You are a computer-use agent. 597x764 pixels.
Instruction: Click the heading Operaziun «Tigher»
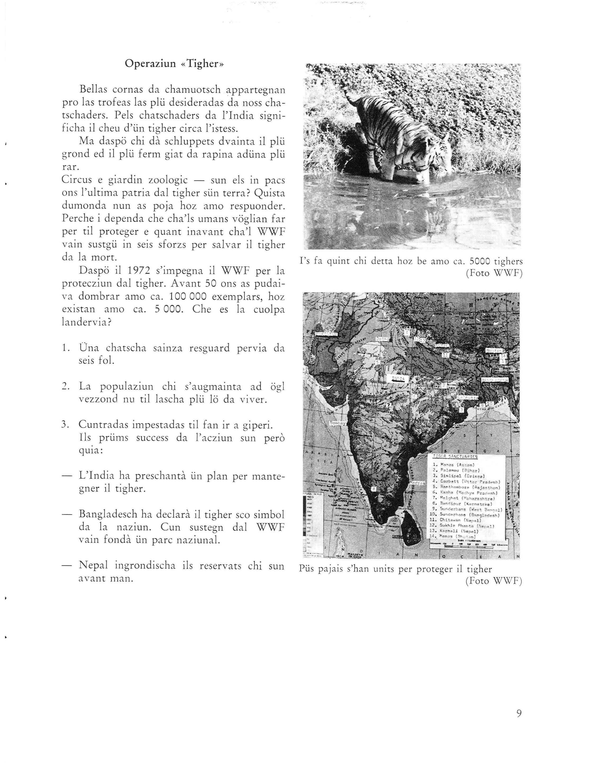(x=174, y=64)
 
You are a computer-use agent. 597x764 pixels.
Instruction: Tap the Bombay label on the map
(x=338, y=423)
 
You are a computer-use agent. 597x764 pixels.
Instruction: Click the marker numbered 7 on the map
(x=388, y=405)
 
